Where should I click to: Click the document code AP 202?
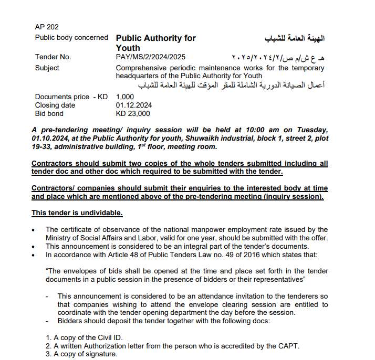point(47,27)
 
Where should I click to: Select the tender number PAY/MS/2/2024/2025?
point(150,57)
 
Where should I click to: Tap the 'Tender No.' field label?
point(53,57)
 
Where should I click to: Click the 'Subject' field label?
point(47,68)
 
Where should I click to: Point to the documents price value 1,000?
point(125,97)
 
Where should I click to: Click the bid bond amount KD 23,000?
point(133,113)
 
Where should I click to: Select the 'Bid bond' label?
point(49,113)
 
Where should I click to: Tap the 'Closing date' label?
point(54,105)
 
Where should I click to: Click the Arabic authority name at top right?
point(295,39)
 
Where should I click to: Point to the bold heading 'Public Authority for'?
point(155,38)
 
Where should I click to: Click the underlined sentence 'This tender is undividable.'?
point(77,213)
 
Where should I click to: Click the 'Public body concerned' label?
point(71,38)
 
